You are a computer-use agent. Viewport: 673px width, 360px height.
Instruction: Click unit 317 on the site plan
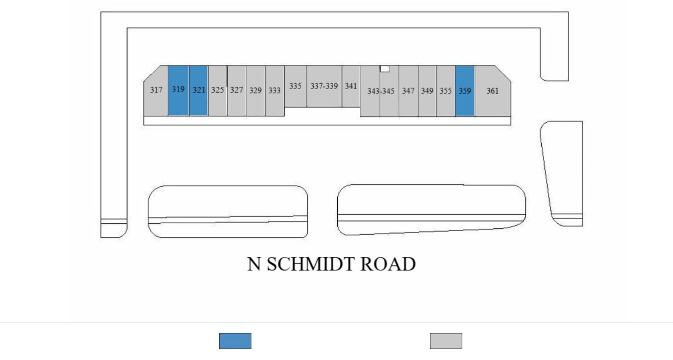pyautogui.click(x=156, y=90)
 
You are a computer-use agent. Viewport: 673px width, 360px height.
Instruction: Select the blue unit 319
pyautogui.click(x=178, y=90)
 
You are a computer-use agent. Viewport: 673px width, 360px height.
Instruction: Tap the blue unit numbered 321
pyautogui.click(x=198, y=90)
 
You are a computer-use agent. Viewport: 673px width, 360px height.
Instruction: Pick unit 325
pyautogui.click(x=218, y=90)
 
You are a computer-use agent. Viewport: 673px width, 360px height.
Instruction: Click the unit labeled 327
pyautogui.click(x=236, y=90)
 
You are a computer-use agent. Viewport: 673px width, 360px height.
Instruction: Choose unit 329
pyautogui.click(x=255, y=90)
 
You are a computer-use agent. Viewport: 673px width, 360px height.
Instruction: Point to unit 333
pyautogui.click(x=274, y=90)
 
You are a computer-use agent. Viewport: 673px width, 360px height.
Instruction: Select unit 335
pyautogui.click(x=295, y=86)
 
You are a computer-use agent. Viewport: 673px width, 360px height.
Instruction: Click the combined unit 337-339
pyautogui.click(x=324, y=86)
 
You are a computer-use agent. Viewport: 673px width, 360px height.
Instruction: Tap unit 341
pyautogui.click(x=351, y=86)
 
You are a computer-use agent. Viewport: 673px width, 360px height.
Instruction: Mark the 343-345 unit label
pyautogui.click(x=381, y=91)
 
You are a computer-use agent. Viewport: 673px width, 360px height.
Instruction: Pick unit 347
pyautogui.click(x=408, y=91)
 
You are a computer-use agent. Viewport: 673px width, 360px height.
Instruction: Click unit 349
pyautogui.click(x=427, y=91)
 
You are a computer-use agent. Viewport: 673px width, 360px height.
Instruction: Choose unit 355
pyautogui.click(x=446, y=91)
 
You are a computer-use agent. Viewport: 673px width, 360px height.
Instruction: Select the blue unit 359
pyautogui.click(x=465, y=91)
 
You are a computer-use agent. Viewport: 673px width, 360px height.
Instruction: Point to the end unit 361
pyautogui.click(x=493, y=91)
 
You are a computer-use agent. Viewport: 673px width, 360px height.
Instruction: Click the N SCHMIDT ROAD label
pyautogui.click(x=331, y=264)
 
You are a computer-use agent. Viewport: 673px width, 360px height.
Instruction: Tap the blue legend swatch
pyautogui.click(x=235, y=341)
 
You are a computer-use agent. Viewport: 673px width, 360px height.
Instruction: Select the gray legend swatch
pyautogui.click(x=446, y=341)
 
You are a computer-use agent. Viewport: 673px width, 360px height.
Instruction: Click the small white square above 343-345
pyautogui.click(x=385, y=69)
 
